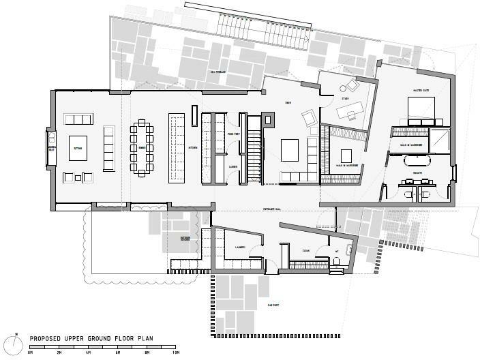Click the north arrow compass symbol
(15, 339)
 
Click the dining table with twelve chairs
(142, 147)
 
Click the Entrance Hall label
(273, 208)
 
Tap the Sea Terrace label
(217, 71)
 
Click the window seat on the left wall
(49, 147)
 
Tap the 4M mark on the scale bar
(88, 353)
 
